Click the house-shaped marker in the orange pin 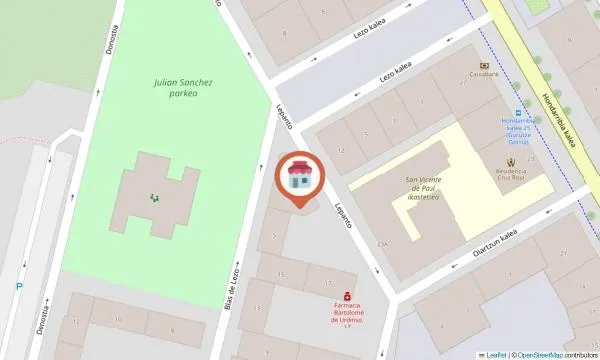(299, 177)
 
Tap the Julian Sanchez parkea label (190, 88)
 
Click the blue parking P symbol (18, 287)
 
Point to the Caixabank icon (485, 61)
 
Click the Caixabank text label (485, 73)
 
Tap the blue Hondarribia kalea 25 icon (518, 111)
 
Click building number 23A (382, 243)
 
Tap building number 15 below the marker (281, 273)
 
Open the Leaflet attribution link (496, 355)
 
